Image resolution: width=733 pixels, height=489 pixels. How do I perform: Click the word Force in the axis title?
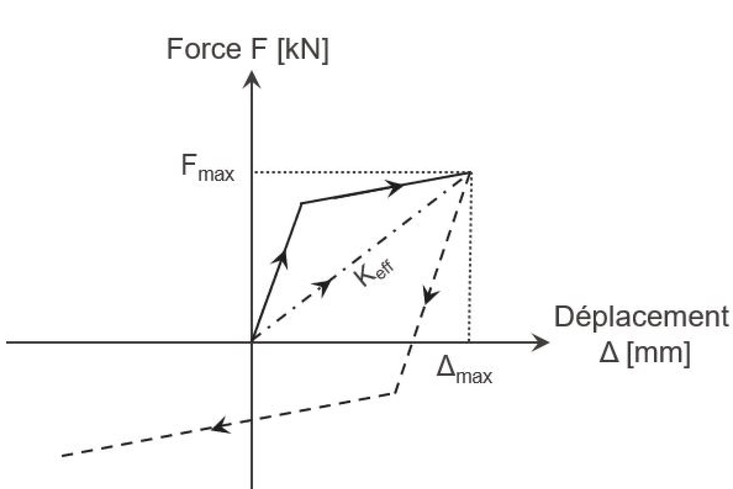204,49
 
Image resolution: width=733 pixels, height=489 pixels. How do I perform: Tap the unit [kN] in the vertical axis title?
303,50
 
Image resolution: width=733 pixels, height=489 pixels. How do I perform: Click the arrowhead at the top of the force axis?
251,79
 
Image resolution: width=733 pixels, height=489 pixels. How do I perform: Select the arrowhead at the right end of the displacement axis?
541,342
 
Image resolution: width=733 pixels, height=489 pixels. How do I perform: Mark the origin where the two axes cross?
251,342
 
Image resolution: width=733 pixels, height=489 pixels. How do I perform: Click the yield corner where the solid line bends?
301,203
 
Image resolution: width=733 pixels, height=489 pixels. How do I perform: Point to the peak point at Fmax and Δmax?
469,172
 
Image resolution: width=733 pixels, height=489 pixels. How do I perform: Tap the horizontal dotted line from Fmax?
358,172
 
